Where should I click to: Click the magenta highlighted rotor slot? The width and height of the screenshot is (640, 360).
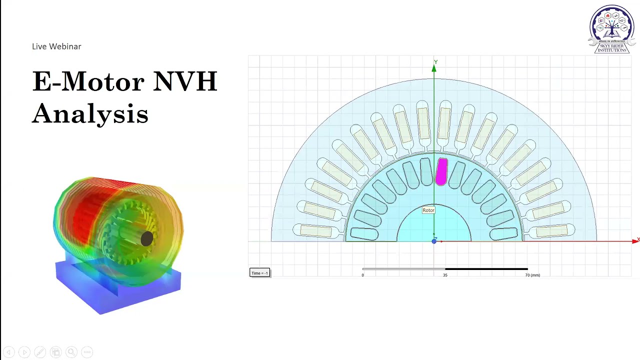coord(441,172)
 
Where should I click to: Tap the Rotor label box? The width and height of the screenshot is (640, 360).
coord(428,210)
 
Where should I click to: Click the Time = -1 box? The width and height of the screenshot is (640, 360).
coord(259,273)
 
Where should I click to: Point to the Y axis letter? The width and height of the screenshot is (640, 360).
coord(435,62)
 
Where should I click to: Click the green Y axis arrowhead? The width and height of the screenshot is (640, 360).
coord(434,69)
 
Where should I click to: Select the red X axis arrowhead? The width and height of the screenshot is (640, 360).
coord(635,241)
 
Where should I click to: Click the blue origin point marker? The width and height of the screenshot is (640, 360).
coord(434,241)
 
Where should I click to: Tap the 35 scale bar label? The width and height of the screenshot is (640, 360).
coord(445,275)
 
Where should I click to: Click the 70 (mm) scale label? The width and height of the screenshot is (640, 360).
coord(532,275)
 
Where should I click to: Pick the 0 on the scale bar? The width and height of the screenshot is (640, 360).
coord(363,275)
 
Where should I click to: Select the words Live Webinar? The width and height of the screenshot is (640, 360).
coord(56,46)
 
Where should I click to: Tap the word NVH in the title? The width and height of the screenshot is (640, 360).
coord(185,81)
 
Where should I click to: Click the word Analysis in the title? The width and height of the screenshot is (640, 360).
coord(90,113)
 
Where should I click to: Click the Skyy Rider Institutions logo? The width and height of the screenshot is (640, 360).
coord(612,29)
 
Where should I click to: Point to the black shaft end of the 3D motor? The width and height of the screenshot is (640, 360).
coord(146,239)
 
